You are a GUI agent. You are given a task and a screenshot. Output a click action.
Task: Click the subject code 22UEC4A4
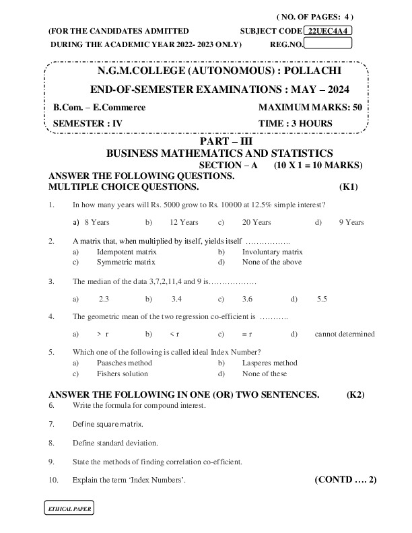pyautogui.click(x=329, y=31)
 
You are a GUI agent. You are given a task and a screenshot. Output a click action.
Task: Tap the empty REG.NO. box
pyautogui.click(x=329, y=44)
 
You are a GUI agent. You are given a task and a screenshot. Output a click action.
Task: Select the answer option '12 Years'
pyautogui.click(x=184, y=222)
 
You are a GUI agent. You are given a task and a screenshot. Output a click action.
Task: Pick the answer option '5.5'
pyautogui.click(x=322, y=298)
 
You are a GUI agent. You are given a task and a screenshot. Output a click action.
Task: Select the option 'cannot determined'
pyautogui.click(x=345, y=334)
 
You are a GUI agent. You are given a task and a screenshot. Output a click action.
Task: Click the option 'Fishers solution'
pyautogui.click(x=122, y=374)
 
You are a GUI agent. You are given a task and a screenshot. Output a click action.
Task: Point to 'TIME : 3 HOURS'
pyautogui.click(x=296, y=123)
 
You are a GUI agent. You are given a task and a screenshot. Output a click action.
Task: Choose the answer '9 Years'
pyautogui.click(x=351, y=222)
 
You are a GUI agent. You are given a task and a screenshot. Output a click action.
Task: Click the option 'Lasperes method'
pyautogui.click(x=269, y=363)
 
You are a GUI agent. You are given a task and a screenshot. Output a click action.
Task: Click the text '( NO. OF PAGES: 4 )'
pyautogui.click(x=315, y=15)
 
